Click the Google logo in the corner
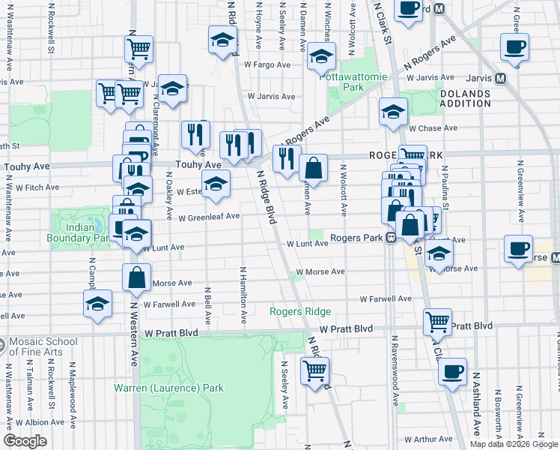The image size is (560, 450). (25, 441)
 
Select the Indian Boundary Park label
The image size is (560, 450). (82, 232)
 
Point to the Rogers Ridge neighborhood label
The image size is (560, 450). (300, 311)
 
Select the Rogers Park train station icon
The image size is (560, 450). (391, 238)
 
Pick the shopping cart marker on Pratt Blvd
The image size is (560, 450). (438, 322)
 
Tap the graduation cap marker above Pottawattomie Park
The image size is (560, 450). (321, 55)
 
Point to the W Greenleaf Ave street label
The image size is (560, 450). (209, 216)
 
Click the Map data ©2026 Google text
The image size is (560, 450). (514, 444)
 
